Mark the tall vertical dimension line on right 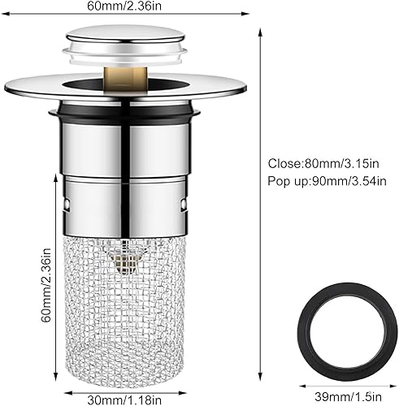[261, 203]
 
